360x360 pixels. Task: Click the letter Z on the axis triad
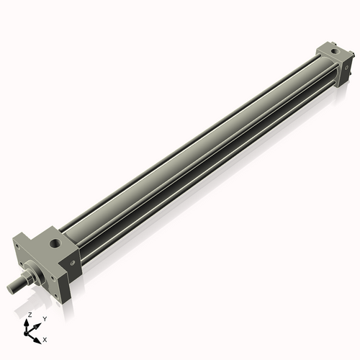[x=30, y=315]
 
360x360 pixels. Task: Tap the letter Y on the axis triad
[x=45, y=318]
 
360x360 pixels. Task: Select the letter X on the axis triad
[x=45, y=338]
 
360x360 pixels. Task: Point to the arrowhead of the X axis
[x=39, y=336]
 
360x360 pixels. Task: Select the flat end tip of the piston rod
[x=11, y=288]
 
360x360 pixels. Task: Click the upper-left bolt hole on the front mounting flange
[x=17, y=248]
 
